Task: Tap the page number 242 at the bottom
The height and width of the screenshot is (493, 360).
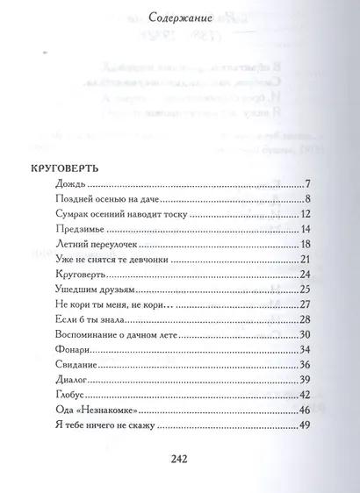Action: (181, 459)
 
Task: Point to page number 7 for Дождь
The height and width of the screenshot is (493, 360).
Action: (310, 185)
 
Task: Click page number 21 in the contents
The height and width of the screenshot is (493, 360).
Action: (306, 260)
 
